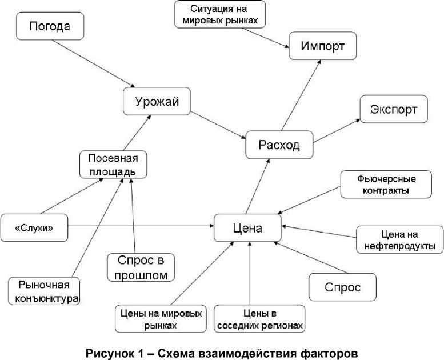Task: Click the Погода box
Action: click(50, 27)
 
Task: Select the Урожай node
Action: click(157, 102)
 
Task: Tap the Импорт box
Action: click(322, 46)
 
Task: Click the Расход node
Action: click(279, 145)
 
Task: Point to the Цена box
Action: click(247, 229)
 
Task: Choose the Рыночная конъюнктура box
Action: click(44, 291)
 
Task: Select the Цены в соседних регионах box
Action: click(259, 319)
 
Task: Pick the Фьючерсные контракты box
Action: click(386, 184)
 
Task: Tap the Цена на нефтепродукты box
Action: click(399, 240)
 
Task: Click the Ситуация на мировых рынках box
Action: click(221, 14)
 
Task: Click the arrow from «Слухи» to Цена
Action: click(140, 227)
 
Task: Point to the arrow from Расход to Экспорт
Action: click(337, 130)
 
